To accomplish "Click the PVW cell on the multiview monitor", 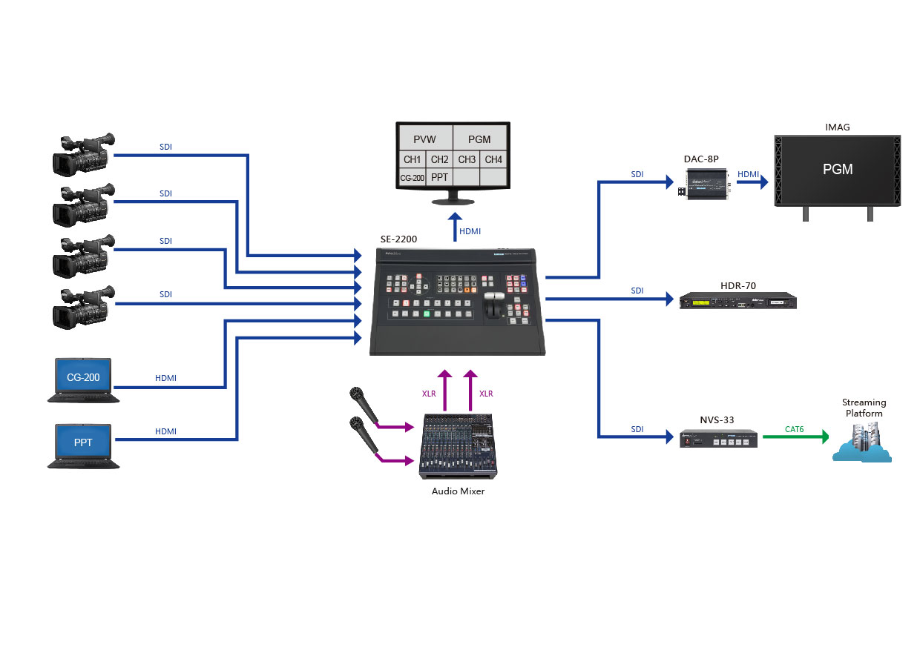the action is click(425, 139).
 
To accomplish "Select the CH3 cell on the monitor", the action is click(467, 159).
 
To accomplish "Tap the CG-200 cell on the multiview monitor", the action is click(412, 178).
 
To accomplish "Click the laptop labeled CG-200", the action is click(83, 380).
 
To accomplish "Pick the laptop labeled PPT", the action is click(83, 446).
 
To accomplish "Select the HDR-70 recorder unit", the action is click(738, 300).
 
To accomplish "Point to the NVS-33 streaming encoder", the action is click(718, 438).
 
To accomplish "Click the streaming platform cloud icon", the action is click(862, 443).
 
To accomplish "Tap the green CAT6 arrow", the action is click(796, 437).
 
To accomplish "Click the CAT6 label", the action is click(795, 429).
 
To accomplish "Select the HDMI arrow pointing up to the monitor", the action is click(455, 227).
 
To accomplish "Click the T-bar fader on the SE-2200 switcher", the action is click(494, 305).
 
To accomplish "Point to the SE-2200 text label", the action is click(398, 239).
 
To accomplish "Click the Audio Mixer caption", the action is click(458, 491).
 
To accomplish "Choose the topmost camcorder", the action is click(83, 155).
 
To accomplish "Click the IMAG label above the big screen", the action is click(838, 127).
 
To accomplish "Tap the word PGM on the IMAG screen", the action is click(838, 169).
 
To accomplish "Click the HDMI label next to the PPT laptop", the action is click(165, 431).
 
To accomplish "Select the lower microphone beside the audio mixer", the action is click(364, 434).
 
